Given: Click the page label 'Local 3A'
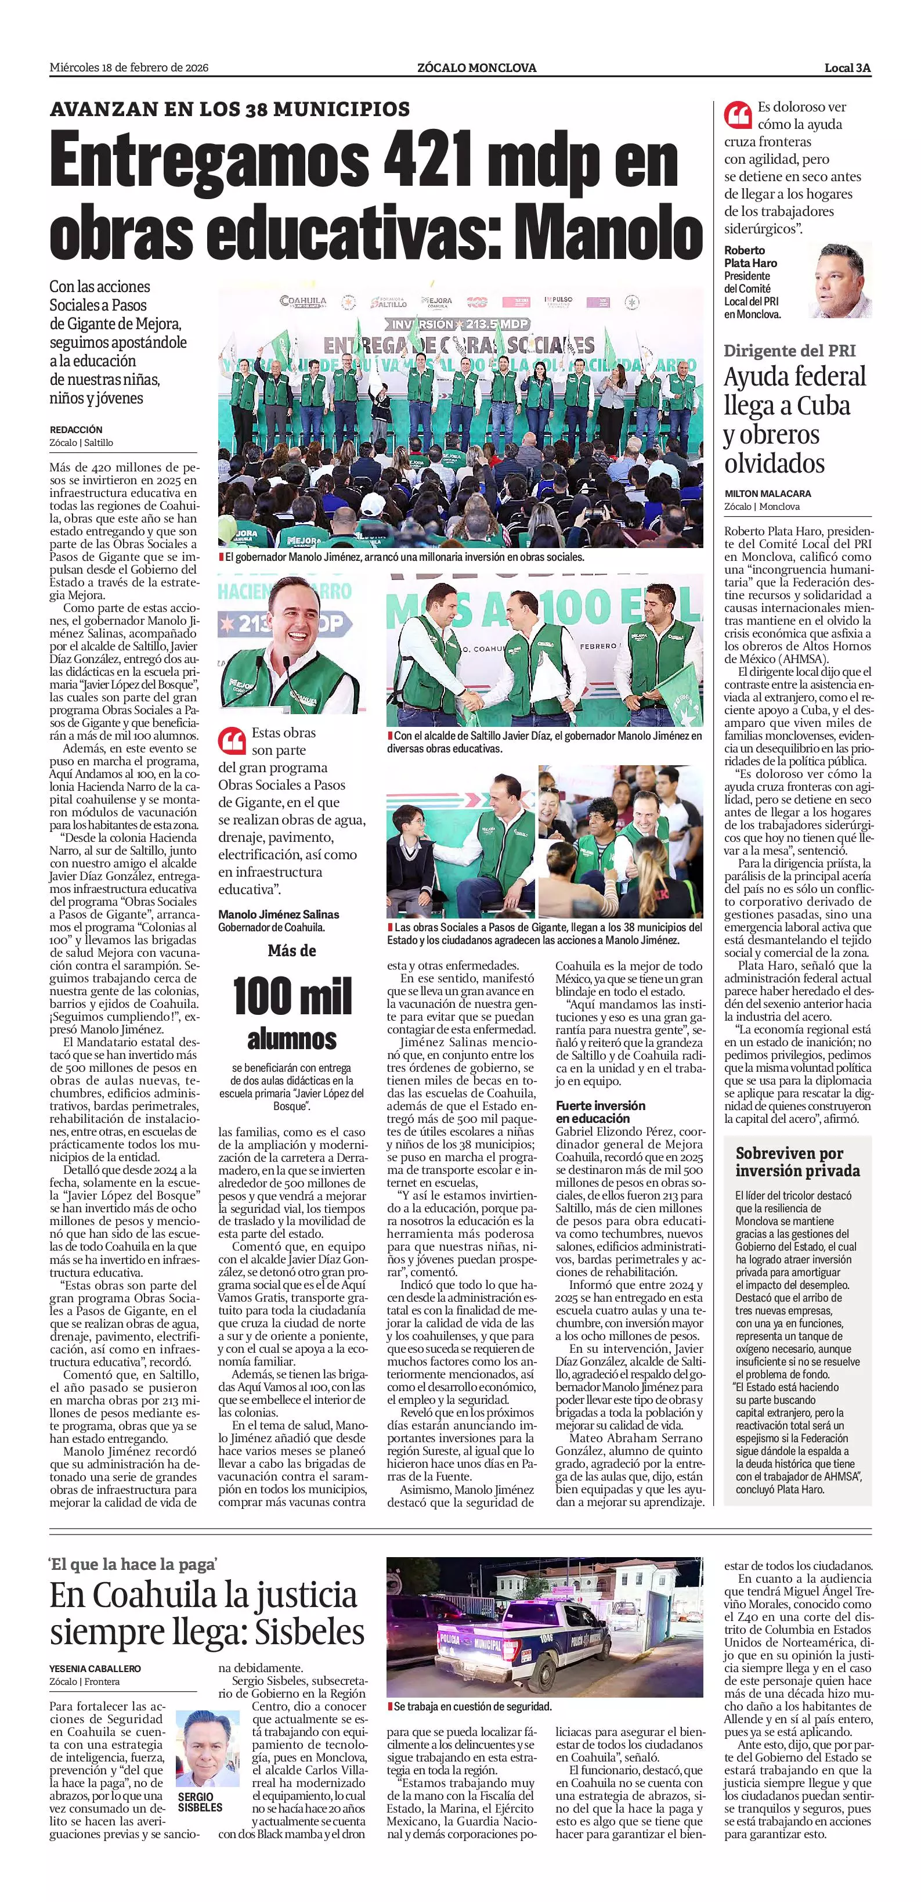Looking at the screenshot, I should click(x=847, y=68).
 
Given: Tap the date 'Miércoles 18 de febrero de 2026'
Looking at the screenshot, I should click(x=129, y=68).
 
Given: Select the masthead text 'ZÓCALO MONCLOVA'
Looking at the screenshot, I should click(x=476, y=68).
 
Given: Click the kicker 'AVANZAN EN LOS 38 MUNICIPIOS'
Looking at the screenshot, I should click(x=229, y=109).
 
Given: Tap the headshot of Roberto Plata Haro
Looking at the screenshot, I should click(x=842, y=280).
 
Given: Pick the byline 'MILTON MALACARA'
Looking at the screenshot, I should click(x=767, y=493).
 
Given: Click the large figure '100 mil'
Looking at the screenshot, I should click(x=292, y=996).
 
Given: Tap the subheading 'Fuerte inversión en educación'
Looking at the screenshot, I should click(x=600, y=1111).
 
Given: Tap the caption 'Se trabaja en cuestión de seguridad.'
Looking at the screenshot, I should click(x=472, y=1706).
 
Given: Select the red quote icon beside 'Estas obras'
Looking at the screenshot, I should click(x=232, y=739).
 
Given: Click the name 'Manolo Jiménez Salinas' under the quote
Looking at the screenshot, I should click(x=279, y=914).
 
